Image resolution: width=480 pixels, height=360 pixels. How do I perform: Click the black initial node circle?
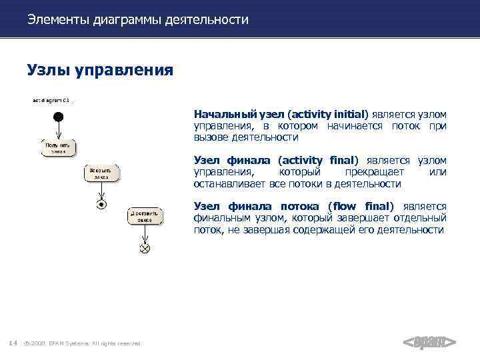point(58,117)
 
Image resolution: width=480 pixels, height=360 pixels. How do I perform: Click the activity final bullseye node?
point(101,204)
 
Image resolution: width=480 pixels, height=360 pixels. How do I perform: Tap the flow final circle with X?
point(145,248)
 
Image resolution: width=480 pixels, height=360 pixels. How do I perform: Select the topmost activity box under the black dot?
point(57,147)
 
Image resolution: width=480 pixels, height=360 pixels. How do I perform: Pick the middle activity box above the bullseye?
point(101,173)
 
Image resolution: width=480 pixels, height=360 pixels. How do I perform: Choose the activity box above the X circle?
point(145,216)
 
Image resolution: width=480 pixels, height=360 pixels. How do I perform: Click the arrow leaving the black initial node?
point(58,130)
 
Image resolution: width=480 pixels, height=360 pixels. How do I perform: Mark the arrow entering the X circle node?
point(145,234)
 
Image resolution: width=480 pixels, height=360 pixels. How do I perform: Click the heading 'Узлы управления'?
point(100,70)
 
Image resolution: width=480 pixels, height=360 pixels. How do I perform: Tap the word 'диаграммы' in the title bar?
point(119,20)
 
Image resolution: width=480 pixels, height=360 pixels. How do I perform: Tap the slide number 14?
point(13,343)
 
